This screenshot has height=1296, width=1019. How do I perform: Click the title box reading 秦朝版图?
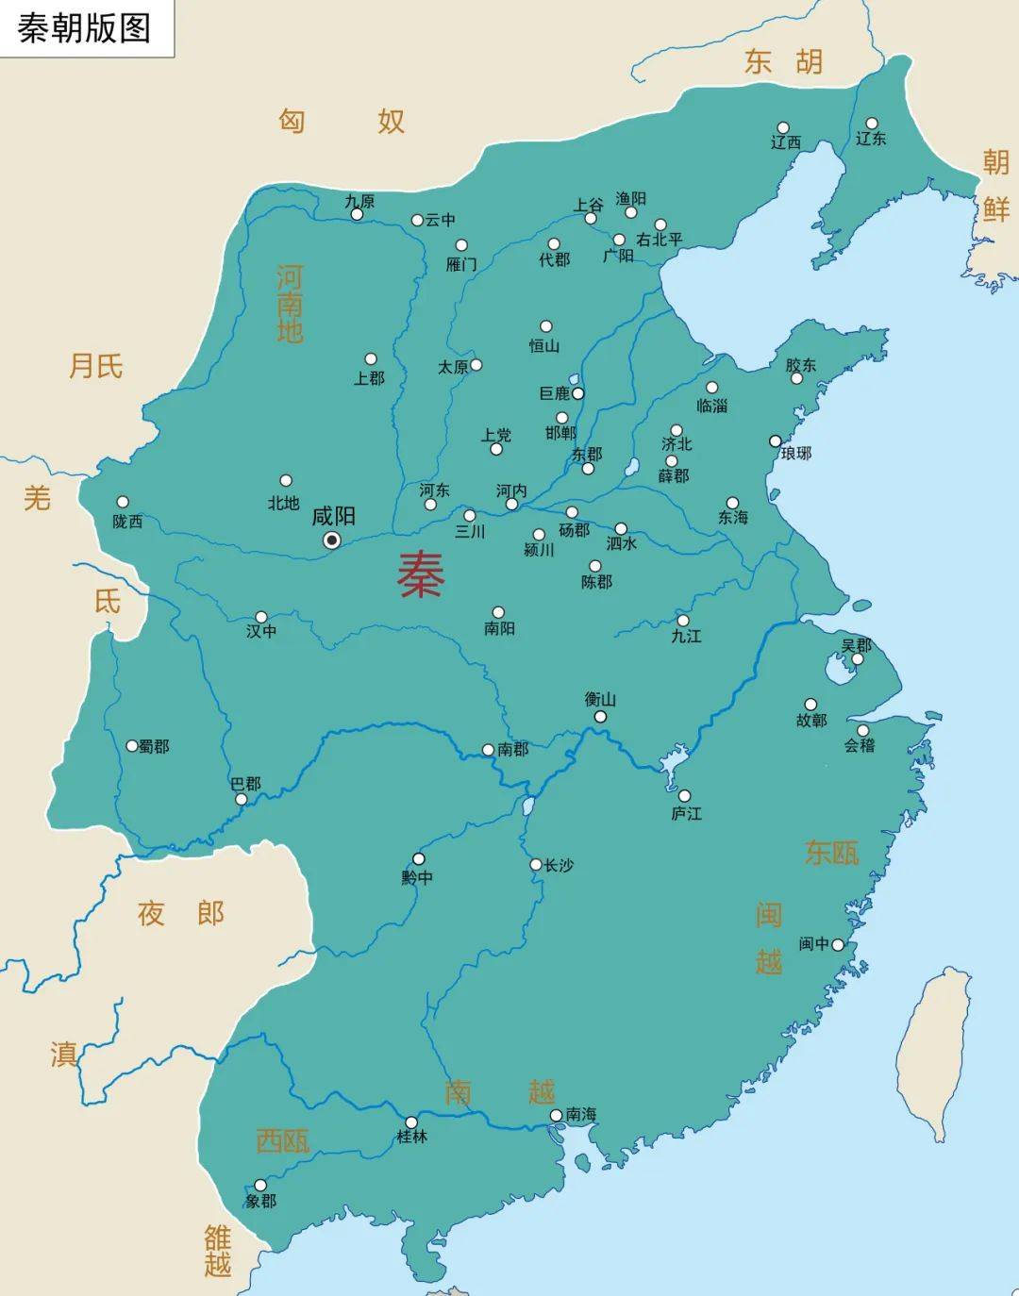85,28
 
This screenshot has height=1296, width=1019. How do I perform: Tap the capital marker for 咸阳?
332,540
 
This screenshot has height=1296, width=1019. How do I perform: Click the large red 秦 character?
420,574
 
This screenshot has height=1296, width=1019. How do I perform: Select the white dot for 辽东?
872,124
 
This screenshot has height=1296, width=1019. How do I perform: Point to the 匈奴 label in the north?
341,121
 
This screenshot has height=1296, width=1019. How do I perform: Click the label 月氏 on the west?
96,366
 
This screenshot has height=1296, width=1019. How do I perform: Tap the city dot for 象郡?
260,1186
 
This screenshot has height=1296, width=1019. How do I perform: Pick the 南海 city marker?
557,1115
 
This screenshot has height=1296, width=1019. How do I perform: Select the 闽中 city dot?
838,944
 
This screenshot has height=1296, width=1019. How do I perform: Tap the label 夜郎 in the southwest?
180,913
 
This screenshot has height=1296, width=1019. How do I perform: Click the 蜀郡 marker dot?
132,745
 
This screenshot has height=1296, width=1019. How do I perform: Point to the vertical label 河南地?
290,304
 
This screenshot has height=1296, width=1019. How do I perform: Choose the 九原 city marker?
357,215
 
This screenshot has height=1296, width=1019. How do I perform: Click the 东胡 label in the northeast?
783,62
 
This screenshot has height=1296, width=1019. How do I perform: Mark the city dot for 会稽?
862,731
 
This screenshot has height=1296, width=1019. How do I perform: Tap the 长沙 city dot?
536,864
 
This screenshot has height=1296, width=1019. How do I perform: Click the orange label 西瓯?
282,1140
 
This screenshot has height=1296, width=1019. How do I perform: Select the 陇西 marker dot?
123,502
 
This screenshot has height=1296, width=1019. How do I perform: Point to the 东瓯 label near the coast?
831,853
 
